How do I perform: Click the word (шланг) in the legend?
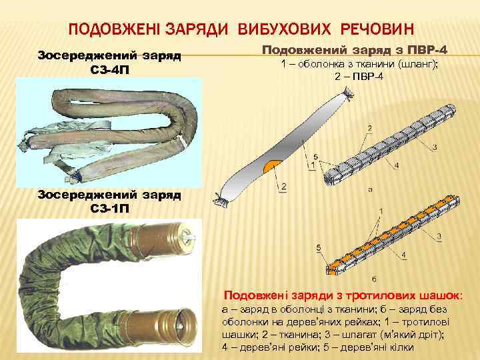click(417, 65)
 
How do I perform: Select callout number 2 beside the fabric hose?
click(284, 188)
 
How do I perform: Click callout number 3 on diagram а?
click(434, 147)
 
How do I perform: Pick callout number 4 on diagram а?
click(397, 165)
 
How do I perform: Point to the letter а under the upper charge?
click(369, 189)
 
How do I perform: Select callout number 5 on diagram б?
click(319, 248)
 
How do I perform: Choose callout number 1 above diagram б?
click(380, 211)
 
